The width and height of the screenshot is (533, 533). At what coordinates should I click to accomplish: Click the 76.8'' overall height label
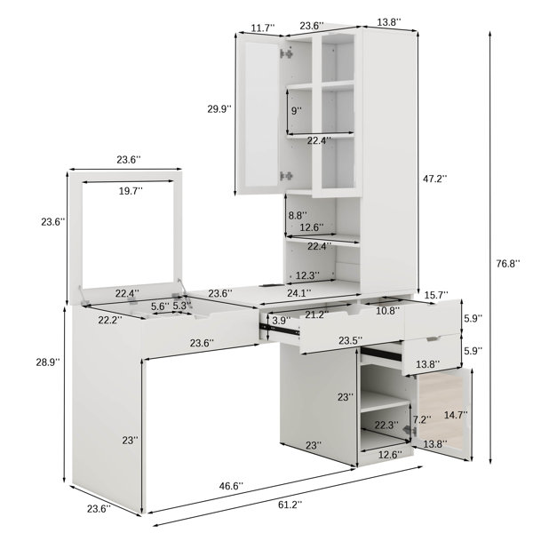click(508, 264)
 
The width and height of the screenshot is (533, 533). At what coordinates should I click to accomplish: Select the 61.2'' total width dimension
click(290, 505)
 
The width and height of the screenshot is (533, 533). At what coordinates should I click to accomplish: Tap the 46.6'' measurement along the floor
click(231, 486)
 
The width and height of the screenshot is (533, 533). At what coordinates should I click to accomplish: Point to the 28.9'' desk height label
click(48, 362)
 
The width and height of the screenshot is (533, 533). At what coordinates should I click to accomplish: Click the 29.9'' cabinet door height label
click(219, 108)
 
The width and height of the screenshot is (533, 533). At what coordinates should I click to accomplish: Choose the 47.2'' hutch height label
click(434, 179)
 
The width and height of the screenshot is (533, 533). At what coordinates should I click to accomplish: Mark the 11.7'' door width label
click(263, 28)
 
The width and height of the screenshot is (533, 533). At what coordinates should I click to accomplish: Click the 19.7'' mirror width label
click(131, 191)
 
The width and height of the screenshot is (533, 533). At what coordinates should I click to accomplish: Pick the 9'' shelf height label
click(297, 110)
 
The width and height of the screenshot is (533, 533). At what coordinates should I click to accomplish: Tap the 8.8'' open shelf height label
click(298, 215)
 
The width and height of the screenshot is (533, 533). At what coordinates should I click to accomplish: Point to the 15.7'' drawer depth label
click(436, 295)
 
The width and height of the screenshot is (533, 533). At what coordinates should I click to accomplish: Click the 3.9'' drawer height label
click(281, 320)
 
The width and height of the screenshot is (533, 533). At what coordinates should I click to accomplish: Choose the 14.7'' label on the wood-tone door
click(456, 415)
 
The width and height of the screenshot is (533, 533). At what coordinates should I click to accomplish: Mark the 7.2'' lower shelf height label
click(422, 419)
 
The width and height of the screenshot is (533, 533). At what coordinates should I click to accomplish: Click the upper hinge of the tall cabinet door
click(286, 53)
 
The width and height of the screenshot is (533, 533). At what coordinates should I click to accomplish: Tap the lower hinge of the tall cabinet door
click(286, 176)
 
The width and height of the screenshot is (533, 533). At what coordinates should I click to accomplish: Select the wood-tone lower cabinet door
click(442, 414)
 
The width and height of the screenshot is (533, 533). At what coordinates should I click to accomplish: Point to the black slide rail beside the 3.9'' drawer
click(280, 329)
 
